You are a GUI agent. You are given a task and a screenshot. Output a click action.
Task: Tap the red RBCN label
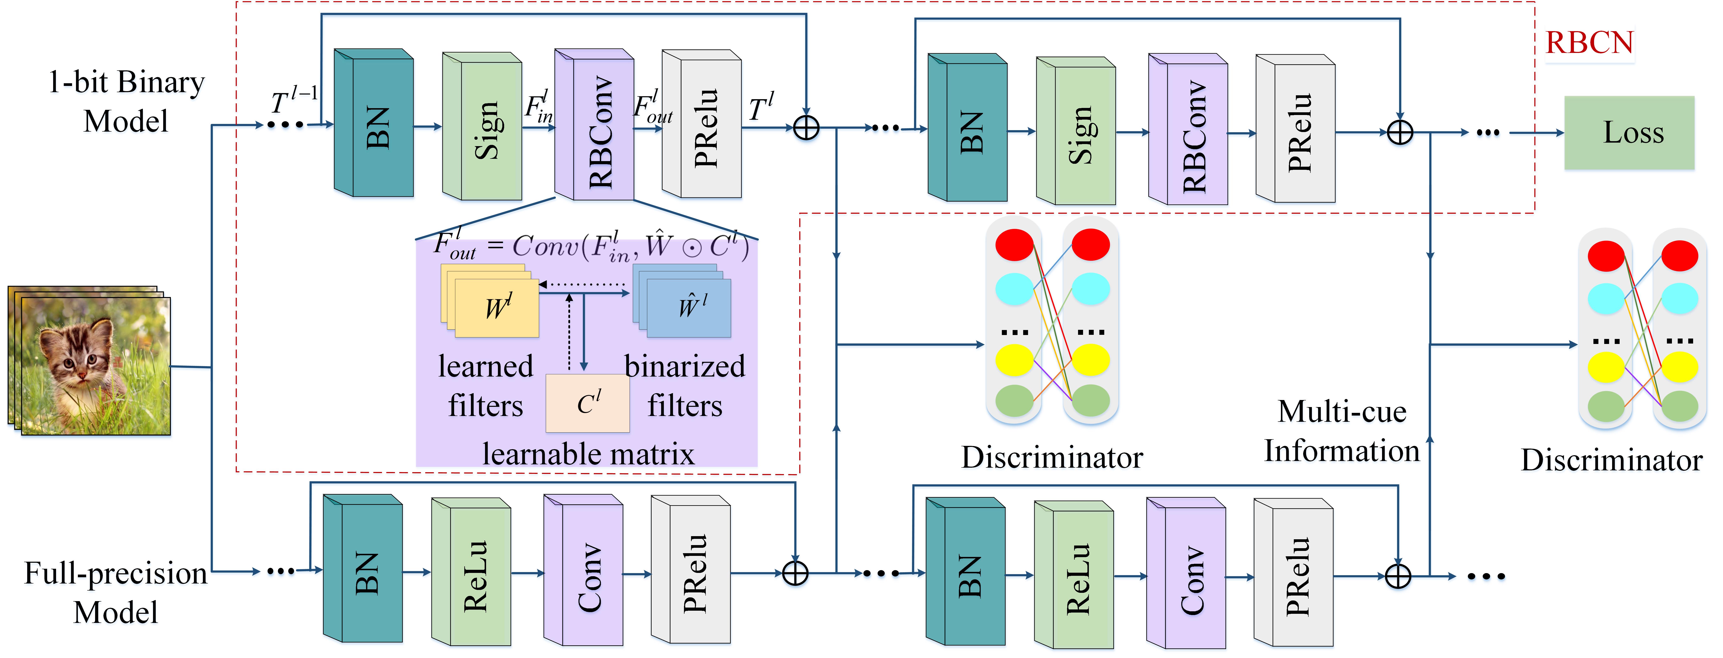[x=1589, y=43]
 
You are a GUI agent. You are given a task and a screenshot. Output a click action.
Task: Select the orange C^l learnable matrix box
[x=587, y=403]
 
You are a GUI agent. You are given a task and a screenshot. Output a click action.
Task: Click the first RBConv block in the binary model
[x=594, y=124]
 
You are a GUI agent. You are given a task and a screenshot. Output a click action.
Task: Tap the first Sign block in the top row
[x=482, y=126]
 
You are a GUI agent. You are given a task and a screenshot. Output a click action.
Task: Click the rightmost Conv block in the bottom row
[x=1186, y=573]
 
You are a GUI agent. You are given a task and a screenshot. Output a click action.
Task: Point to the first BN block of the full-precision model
[x=363, y=568]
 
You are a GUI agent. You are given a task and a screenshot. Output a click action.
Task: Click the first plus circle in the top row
[x=806, y=127]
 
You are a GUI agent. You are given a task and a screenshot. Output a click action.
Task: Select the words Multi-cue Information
[x=1342, y=431]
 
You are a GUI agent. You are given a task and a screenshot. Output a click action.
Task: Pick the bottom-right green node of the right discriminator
[x=1680, y=406]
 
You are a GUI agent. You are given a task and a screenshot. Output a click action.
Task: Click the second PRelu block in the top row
[x=1295, y=128]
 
